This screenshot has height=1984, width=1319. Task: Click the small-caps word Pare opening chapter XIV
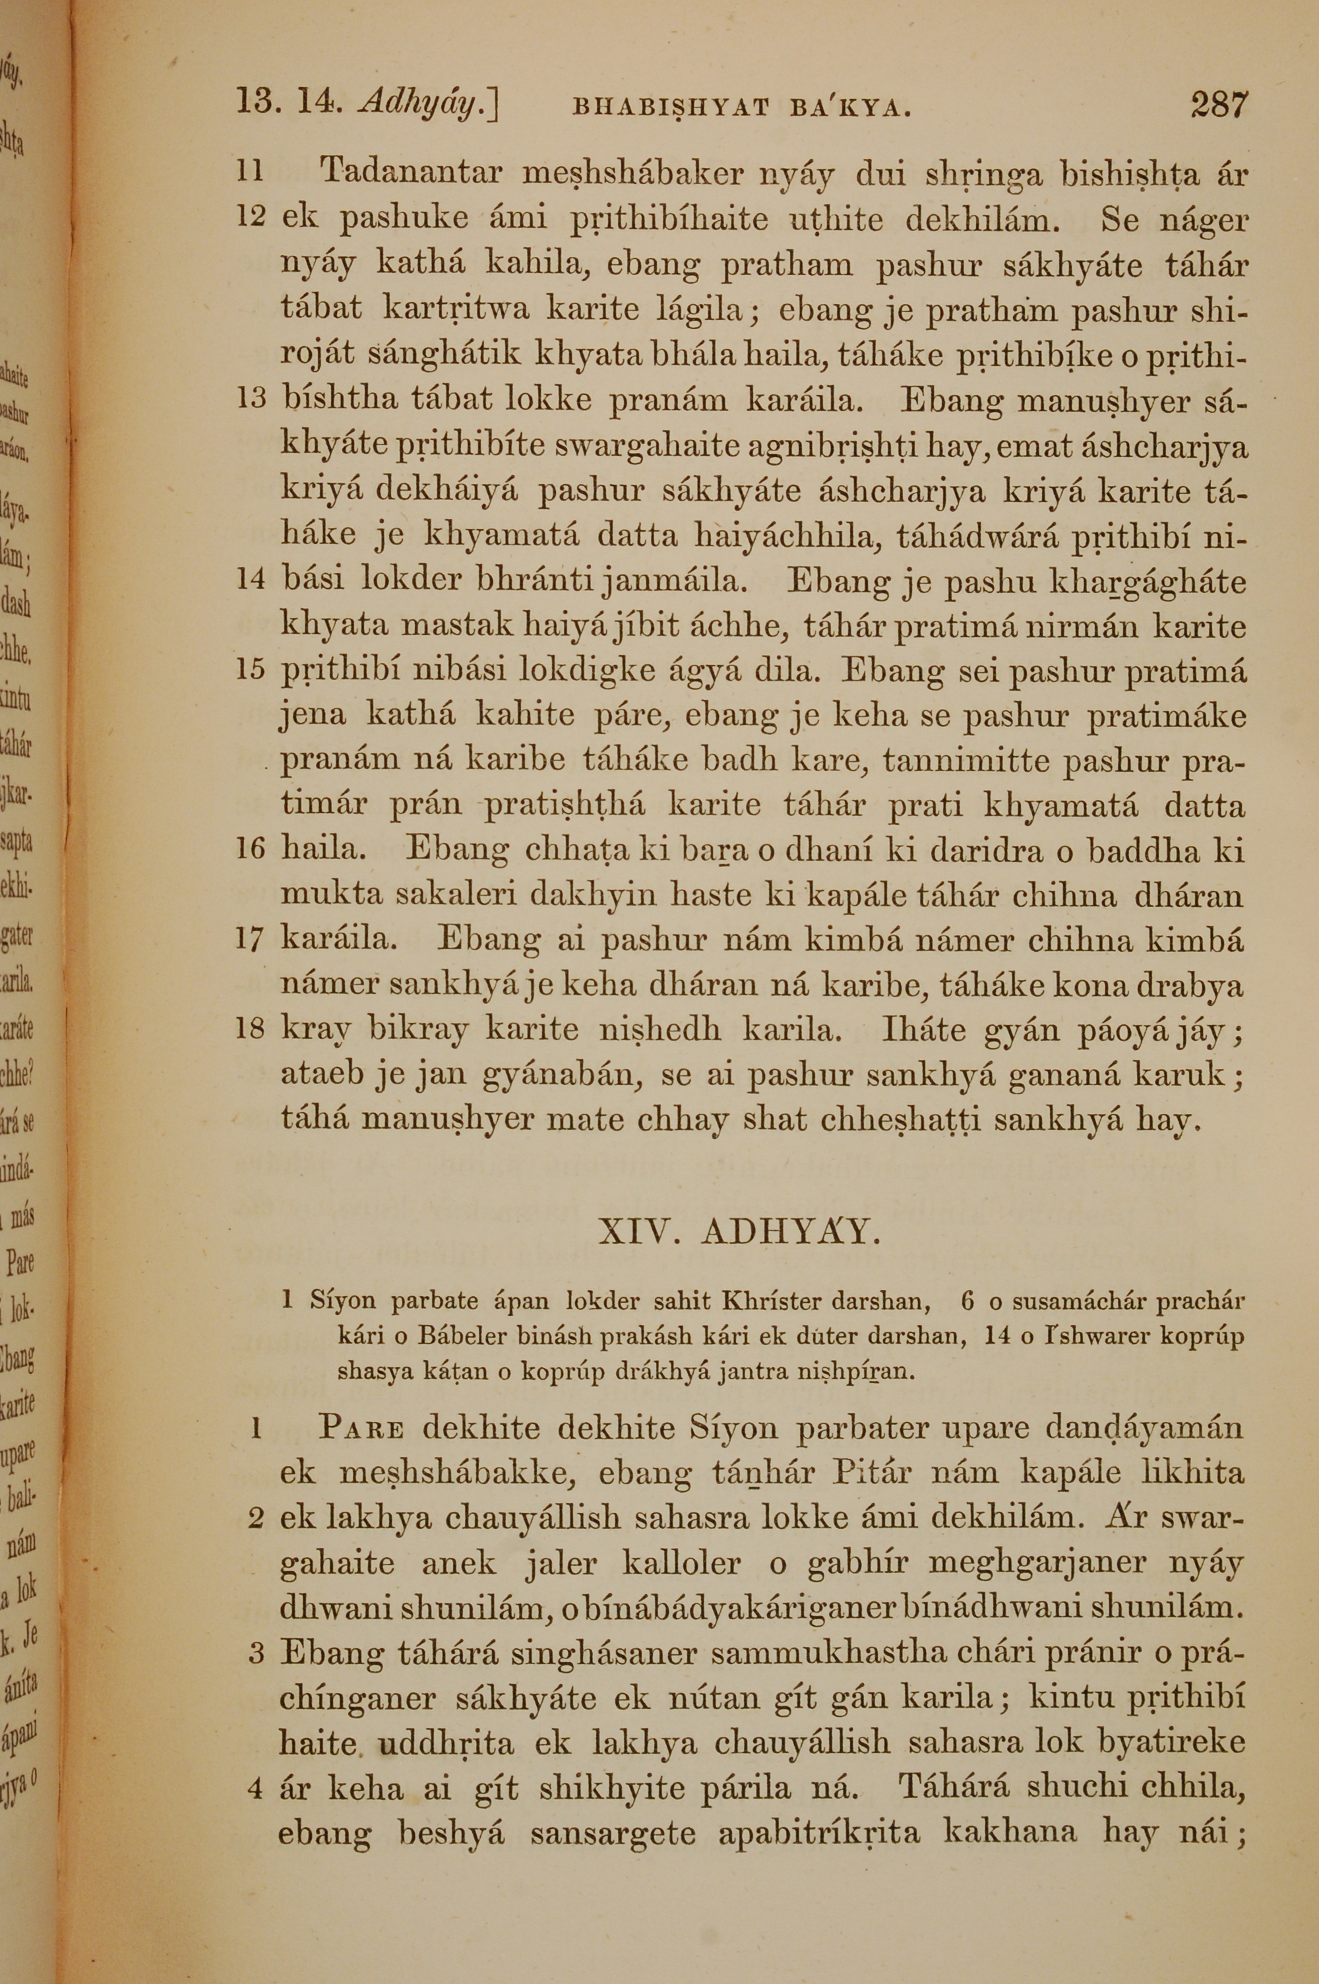tap(363, 1427)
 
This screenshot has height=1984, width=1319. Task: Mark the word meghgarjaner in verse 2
tap(984, 1563)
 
